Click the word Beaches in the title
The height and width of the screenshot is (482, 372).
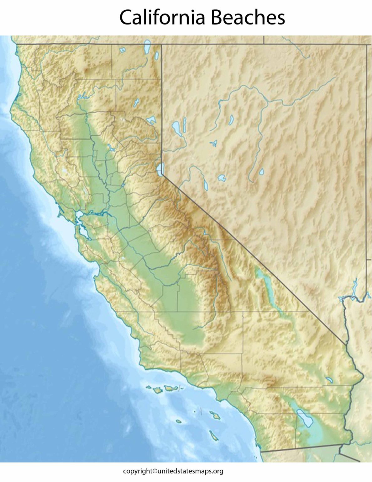click(x=248, y=17)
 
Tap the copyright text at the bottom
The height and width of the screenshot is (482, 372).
click(x=173, y=471)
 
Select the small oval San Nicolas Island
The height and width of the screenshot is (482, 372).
click(x=179, y=421)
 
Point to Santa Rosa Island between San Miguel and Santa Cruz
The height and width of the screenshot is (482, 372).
click(x=157, y=390)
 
